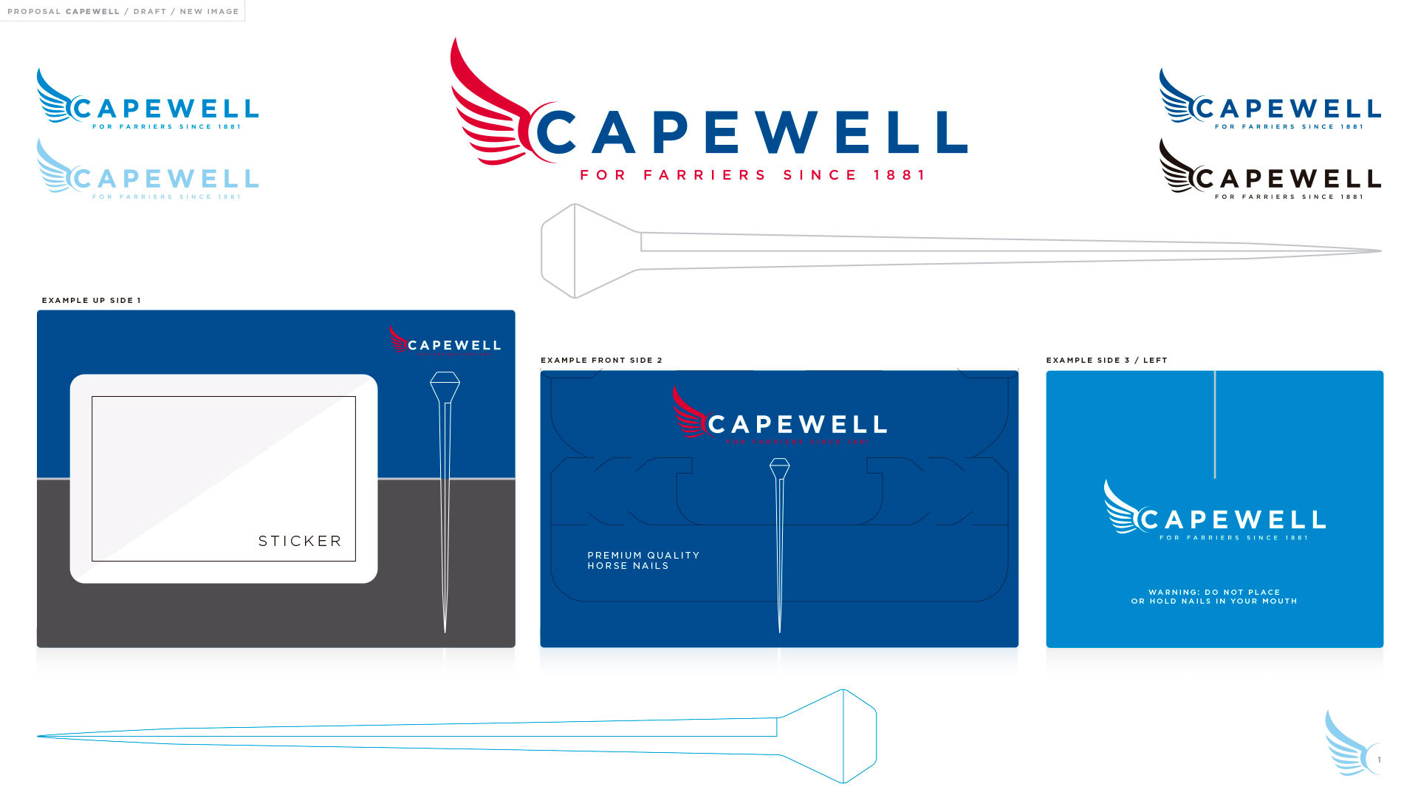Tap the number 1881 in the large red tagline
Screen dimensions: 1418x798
coord(899,175)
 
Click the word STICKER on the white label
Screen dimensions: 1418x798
coord(300,541)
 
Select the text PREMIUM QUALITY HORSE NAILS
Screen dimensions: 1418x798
coord(643,560)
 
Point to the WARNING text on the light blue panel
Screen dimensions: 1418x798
coord(1214,596)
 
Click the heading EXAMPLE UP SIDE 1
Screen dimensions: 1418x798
coord(91,301)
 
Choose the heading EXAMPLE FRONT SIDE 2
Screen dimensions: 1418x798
coord(601,361)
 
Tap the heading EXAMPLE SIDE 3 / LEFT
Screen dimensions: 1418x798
coord(1106,361)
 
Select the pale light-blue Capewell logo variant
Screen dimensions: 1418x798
coord(148,171)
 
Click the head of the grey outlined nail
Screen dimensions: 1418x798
coord(583,251)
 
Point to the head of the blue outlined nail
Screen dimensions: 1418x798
coord(835,736)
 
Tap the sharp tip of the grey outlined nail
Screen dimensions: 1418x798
coord(1378,251)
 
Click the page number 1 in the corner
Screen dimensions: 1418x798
coord(1379,760)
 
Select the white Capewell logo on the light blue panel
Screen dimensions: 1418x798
coord(1215,512)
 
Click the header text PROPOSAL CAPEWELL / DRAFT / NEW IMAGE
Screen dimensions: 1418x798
coord(123,11)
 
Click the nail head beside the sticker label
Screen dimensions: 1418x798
coord(445,386)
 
